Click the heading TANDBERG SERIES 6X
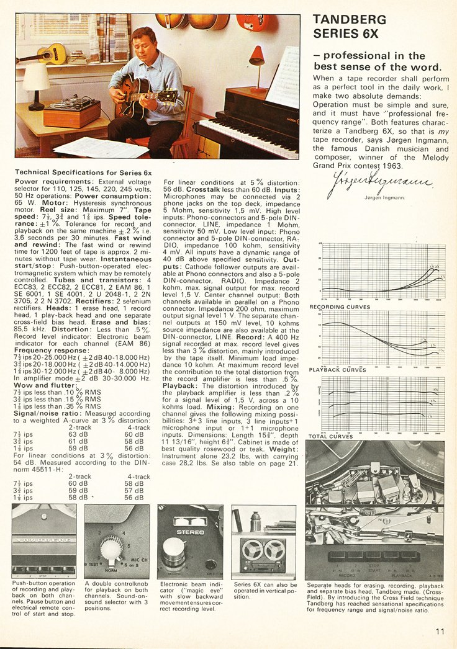[350, 26]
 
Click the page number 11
[440, 632]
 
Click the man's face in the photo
[145, 45]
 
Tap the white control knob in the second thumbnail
[112, 548]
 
